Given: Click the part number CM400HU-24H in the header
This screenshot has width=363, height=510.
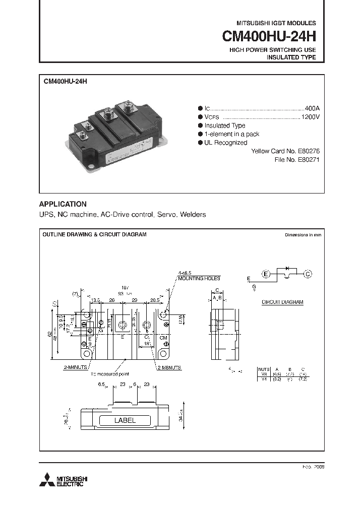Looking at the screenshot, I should (269, 37).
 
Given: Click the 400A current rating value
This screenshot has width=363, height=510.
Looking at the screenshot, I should (313, 108).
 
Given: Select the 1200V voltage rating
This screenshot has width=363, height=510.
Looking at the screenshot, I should (311, 117).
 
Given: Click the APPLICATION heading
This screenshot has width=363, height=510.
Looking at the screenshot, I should (63, 204).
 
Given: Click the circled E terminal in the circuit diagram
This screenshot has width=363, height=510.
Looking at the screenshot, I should (266, 274).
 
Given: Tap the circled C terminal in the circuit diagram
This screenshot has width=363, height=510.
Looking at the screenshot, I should (308, 274).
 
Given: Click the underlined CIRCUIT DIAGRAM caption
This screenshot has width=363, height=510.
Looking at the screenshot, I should (282, 302).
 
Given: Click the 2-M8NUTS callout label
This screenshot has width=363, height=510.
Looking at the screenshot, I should (170, 368).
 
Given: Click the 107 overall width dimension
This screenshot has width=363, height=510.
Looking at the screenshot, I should (126, 287).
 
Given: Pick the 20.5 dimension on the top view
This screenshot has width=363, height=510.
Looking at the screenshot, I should (154, 299).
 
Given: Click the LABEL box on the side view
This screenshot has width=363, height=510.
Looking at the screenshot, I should (125, 420).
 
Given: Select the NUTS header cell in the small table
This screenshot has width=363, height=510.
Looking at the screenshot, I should (264, 369).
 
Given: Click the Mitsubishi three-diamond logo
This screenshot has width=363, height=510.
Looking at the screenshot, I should (48, 480).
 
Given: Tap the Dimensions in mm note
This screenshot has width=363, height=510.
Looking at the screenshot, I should (302, 235).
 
